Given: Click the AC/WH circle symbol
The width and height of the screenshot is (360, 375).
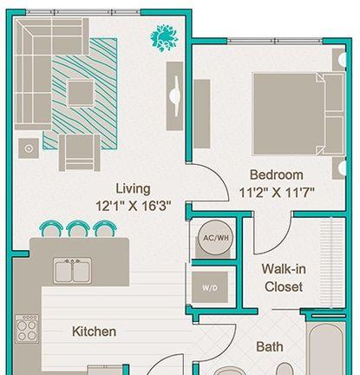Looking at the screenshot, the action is pos(216,238).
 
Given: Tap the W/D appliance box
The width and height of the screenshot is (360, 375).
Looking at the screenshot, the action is pos(210,287).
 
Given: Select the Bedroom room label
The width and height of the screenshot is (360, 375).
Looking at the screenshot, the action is pos(277,174).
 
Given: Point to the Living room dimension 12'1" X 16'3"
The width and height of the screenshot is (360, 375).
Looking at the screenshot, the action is pos(133,207).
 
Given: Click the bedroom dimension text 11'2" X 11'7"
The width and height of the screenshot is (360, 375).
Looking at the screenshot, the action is pos(277,193).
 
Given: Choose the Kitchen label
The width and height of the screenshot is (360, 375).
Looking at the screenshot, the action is pos(94,332).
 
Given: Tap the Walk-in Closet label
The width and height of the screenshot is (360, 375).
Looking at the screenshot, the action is pos(284,278).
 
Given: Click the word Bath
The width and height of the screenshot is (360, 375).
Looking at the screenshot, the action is pos(270,346).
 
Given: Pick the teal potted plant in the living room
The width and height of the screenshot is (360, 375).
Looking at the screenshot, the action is pos(164,38).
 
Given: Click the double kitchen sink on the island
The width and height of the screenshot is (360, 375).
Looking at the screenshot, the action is pos(73,271).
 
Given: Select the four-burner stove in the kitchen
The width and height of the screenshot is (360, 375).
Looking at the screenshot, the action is pos(27,329).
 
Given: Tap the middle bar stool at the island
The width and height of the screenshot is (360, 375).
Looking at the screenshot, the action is pos(77,228).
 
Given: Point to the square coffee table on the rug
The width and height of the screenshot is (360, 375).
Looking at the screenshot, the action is pos(81,94).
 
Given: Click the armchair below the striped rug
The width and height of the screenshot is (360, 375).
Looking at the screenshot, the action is pos(80,153).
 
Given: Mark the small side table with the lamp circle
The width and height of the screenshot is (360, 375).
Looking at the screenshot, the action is pos(29,148).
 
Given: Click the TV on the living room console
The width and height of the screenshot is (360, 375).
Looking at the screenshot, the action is pos(175,95).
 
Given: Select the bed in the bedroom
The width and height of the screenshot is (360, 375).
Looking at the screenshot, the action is pos(298,114).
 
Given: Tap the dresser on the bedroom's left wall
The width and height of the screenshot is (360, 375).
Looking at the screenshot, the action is pos(202,114).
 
